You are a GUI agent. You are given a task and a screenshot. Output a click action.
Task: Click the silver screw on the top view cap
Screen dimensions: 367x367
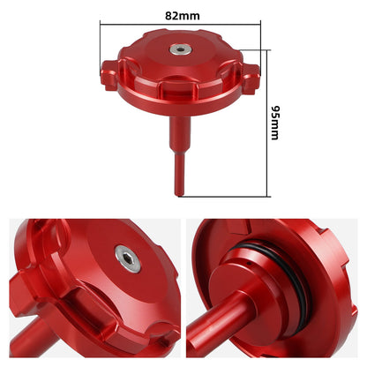pyautogui.click(x=180, y=50)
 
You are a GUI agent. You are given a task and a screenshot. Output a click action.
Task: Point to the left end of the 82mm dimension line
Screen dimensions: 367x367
pyautogui.click(x=100, y=26)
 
